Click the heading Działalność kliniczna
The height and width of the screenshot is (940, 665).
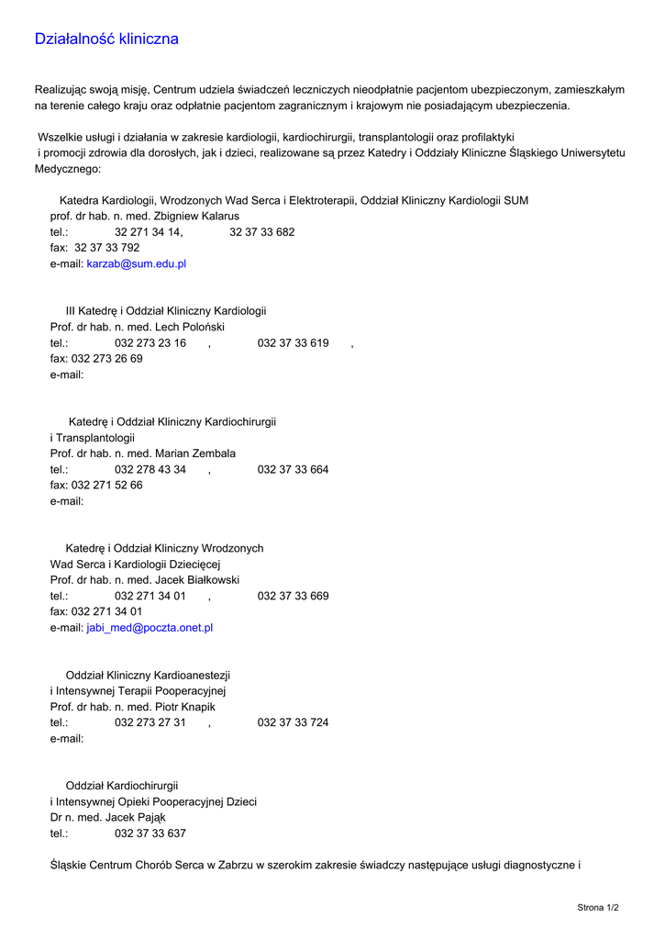[106, 39]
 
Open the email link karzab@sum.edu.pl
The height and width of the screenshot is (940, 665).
[137, 263]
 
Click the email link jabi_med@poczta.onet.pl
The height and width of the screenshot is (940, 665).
[150, 628]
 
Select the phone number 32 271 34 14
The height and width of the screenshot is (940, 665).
[149, 232]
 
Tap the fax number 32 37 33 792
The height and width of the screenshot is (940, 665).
[107, 248]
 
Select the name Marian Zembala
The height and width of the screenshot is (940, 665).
[195, 453]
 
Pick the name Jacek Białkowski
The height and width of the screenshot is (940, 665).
[197, 580]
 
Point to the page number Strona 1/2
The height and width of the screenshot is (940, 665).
[598, 908]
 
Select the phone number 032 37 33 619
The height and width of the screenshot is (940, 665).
[293, 343]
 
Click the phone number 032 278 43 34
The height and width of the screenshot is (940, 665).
[150, 470]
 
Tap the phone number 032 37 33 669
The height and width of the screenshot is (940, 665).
[293, 597]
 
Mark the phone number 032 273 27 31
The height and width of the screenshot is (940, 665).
[150, 723]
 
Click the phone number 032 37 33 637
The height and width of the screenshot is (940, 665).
[150, 834]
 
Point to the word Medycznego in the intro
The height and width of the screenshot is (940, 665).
[67, 170]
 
